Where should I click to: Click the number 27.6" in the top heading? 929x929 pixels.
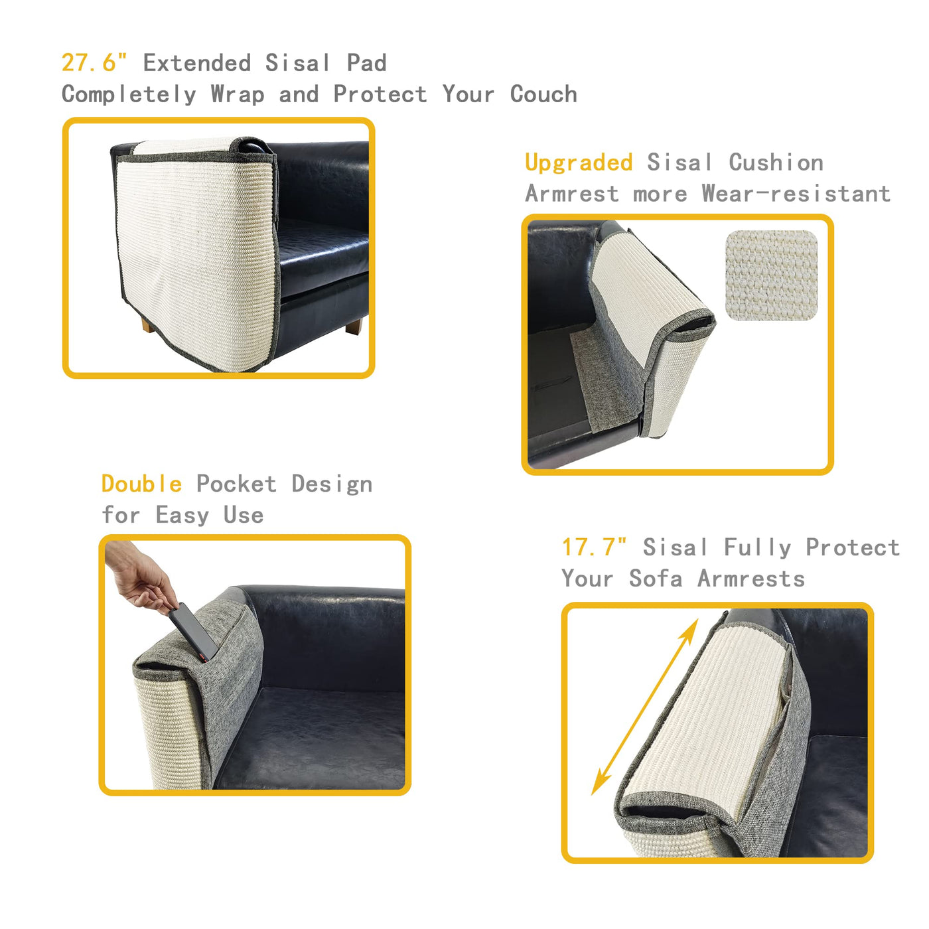pos(94,62)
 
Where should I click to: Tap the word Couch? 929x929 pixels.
pos(543,94)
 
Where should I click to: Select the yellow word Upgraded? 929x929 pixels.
pos(579,163)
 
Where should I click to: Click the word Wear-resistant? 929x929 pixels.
pos(796,194)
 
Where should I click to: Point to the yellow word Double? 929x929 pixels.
pos(142,484)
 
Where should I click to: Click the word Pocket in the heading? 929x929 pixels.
pos(236,484)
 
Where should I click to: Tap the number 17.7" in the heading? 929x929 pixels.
pos(594,547)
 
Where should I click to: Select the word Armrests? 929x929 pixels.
pos(751,579)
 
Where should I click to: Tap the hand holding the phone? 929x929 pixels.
pos(140,576)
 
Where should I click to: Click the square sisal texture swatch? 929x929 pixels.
pos(771,275)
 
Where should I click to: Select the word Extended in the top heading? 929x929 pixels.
pos(197,62)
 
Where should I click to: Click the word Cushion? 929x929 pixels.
pos(776,163)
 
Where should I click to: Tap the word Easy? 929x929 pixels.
pos(182,516)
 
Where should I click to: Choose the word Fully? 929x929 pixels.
pos(757,547)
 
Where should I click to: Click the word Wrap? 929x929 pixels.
pos(238,94)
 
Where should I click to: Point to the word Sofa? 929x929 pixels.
pos(656,579)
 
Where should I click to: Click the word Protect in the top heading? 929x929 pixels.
pos(380,94)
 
